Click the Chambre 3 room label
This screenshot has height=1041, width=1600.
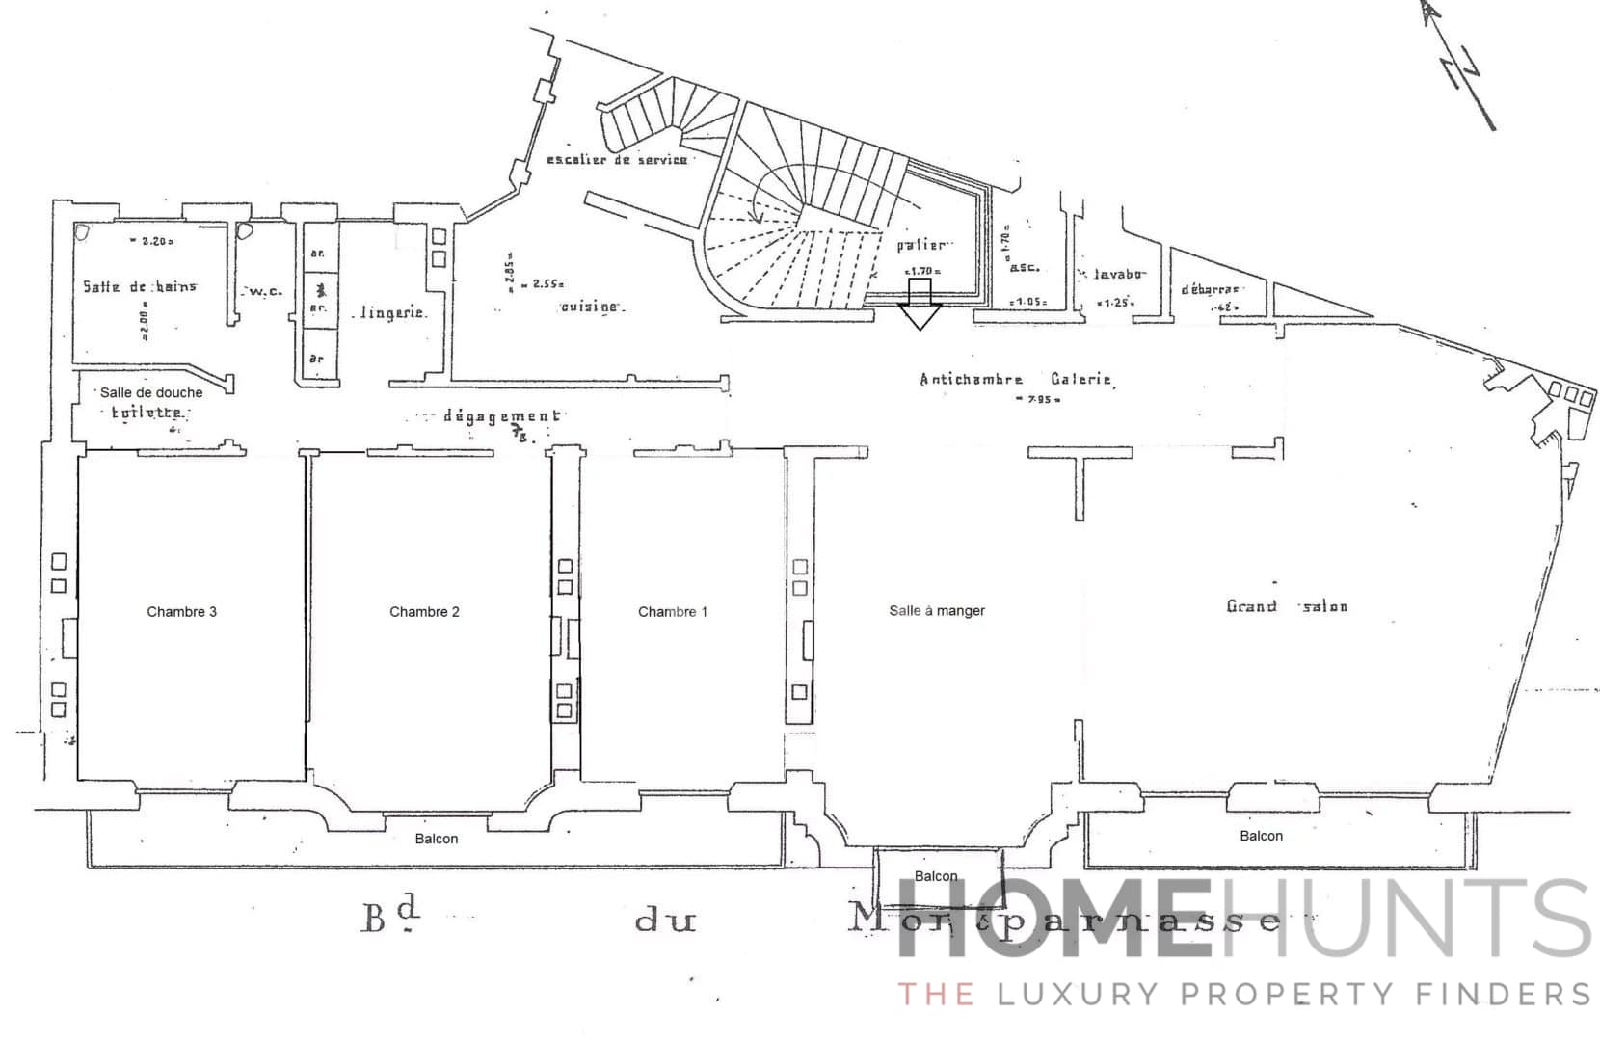click(x=181, y=611)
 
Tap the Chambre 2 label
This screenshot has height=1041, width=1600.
click(x=424, y=611)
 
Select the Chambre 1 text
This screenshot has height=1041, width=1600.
click(x=672, y=611)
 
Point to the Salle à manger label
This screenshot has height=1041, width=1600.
click(x=936, y=610)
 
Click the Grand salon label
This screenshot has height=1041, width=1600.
click(x=1286, y=606)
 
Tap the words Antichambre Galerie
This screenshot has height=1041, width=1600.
click(x=1016, y=380)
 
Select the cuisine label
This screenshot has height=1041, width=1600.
click(x=591, y=306)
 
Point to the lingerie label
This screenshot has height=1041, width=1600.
click(x=392, y=313)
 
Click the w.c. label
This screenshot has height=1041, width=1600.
click(x=264, y=291)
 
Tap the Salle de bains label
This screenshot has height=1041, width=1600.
click(x=139, y=286)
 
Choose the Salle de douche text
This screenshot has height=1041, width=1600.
click(x=151, y=392)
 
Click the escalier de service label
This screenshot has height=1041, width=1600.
click(x=617, y=159)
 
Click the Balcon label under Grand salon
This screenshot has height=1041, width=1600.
click(x=1261, y=836)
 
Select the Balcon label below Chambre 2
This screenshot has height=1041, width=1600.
click(x=436, y=839)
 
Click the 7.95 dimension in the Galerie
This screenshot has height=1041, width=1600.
click(x=1039, y=399)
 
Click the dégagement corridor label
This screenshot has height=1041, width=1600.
click(x=501, y=416)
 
